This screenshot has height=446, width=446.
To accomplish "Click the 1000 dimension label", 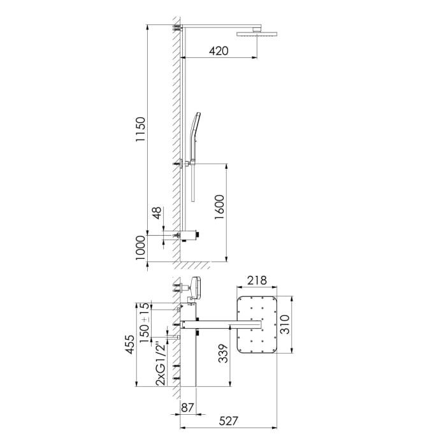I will click(142, 248).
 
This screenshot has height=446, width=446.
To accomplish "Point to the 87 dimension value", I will click(188, 408).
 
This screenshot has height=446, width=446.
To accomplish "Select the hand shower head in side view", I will click(196, 127).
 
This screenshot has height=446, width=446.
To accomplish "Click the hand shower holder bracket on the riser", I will click(185, 164).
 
